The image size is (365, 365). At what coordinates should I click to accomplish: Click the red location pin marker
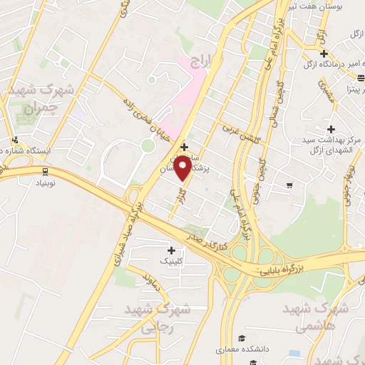(182, 169)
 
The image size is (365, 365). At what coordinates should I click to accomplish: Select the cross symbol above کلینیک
(171, 250)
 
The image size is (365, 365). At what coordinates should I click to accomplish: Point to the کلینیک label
(171, 262)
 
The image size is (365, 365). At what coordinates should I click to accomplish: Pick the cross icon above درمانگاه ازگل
(324, 53)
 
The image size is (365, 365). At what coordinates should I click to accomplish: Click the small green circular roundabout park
(148, 145)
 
